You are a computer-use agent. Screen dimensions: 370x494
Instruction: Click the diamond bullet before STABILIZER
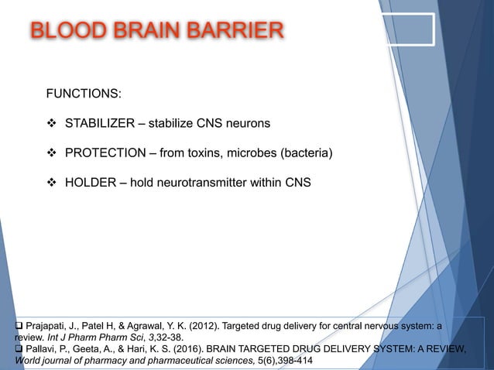click(x=53, y=123)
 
